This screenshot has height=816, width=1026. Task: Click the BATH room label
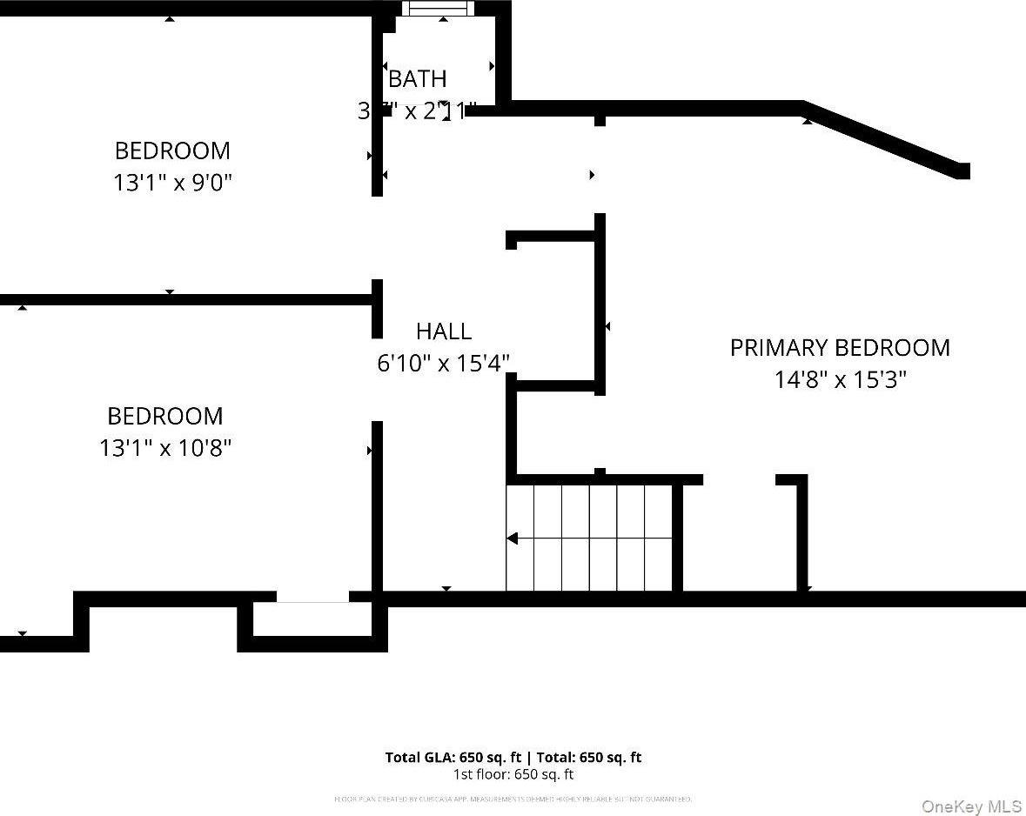(418, 79)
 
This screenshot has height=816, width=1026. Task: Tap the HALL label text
(444, 331)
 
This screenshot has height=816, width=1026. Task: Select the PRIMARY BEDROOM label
(840, 348)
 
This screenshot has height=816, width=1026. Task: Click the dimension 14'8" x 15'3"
(840, 380)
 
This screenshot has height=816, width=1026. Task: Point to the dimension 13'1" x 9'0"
(173, 184)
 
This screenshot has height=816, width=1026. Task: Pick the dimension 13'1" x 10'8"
(165, 449)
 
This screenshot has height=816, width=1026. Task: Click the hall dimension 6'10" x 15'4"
(443, 364)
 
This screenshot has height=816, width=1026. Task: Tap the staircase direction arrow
(513, 538)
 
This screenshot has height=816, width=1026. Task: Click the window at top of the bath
(439, 9)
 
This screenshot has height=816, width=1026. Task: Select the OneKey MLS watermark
(971, 806)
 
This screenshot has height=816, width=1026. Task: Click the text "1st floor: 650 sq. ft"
(513, 774)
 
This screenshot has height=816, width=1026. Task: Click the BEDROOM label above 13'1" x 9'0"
(172, 150)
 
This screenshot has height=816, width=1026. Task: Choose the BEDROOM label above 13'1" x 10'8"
(164, 416)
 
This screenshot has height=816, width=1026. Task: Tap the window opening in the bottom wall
(312, 598)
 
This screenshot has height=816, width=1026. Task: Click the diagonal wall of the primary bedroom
(883, 139)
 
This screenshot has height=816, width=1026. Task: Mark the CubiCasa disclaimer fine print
(513, 799)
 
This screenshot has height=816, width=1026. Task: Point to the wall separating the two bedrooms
(187, 299)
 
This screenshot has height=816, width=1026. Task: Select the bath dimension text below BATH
(418, 111)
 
